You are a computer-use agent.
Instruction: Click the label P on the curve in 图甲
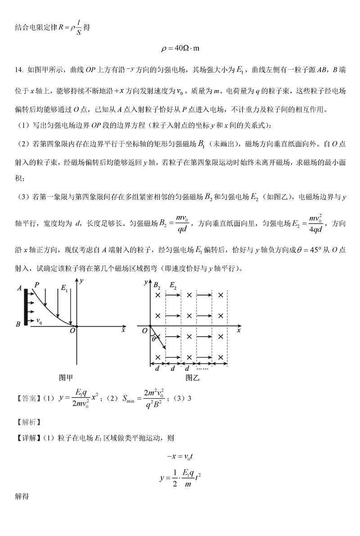coord(37,284)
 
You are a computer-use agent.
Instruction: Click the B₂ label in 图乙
coord(157,285)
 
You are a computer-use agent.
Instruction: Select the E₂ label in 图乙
coord(173,285)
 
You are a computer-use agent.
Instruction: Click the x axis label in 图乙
coord(240,331)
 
